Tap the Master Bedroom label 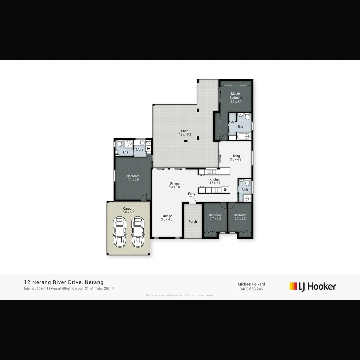236,96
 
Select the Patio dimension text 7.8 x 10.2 184,135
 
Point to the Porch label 193,222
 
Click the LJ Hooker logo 313,286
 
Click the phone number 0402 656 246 251,289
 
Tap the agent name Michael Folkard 251,284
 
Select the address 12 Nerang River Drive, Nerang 64,282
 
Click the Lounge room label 167,216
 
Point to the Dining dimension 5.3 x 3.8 174,187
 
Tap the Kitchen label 215,180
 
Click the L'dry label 140,150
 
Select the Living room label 235,156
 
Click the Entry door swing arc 192,200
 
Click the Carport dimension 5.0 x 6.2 128,212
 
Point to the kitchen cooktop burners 216,190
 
